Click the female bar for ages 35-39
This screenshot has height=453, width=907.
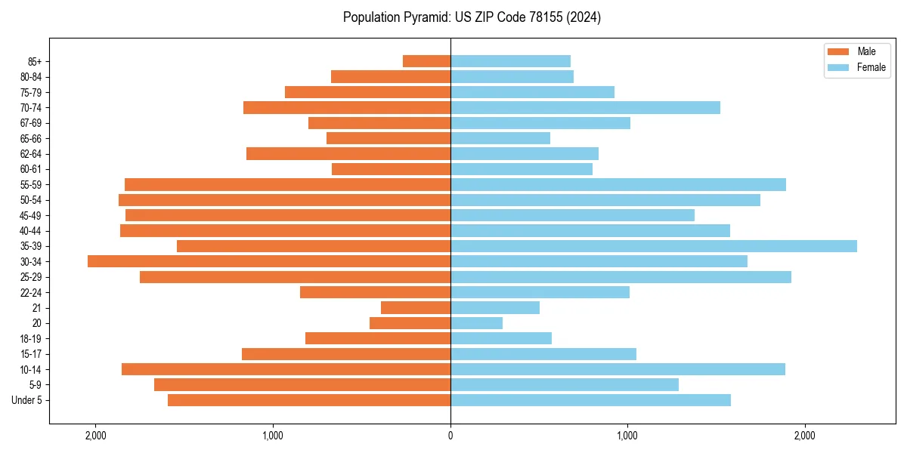(654, 246)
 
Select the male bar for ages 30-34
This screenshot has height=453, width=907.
(269, 261)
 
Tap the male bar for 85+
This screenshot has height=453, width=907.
(426, 61)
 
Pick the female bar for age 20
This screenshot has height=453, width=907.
(476, 323)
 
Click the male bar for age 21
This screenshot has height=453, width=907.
(416, 307)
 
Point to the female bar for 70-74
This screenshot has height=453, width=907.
(585, 107)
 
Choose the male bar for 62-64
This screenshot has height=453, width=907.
(348, 153)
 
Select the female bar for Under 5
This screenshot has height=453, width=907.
(590, 400)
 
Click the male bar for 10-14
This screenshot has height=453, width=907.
(286, 369)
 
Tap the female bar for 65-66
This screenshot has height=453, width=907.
(500, 138)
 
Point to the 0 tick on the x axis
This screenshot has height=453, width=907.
(450, 436)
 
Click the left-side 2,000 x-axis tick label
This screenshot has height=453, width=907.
(96, 436)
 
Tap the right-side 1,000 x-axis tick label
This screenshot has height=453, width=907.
(627, 436)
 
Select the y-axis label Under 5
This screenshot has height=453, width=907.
(27, 400)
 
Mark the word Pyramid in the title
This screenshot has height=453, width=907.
(426, 17)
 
